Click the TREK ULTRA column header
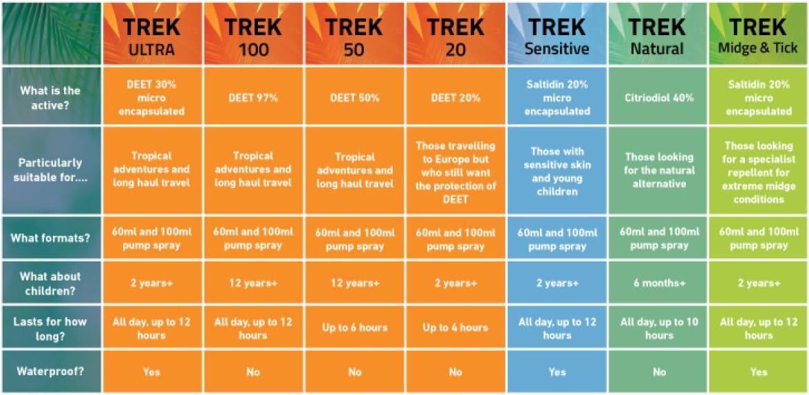[x=152, y=35]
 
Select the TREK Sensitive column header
[x=557, y=35]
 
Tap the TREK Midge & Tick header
[x=758, y=35]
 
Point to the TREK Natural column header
[x=658, y=35]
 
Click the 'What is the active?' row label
[x=50, y=97]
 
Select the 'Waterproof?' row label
[x=50, y=372]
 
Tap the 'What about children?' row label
[x=50, y=283]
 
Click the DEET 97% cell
[x=253, y=98]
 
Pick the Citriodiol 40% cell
[x=658, y=98]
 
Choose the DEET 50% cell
[x=354, y=98]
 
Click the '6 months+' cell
[x=658, y=284]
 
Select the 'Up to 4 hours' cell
[x=455, y=328]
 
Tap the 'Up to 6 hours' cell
[x=354, y=328]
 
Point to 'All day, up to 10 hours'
[x=658, y=328]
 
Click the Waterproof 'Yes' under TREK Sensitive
[x=557, y=372]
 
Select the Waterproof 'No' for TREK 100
[x=253, y=372]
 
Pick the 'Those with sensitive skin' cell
[x=557, y=171]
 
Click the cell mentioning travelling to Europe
[x=455, y=172]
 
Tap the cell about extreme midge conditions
[x=758, y=172]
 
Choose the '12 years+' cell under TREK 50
[x=354, y=284]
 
